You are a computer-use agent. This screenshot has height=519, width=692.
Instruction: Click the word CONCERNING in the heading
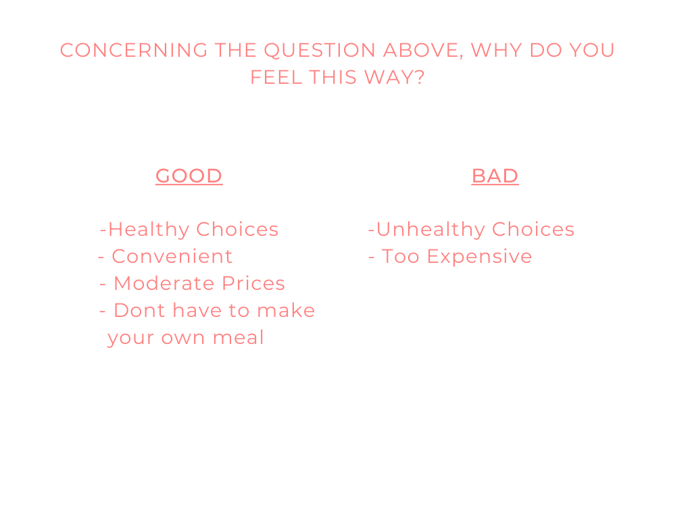click(x=134, y=50)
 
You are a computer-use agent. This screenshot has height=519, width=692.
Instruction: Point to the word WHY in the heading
click(x=497, y=50)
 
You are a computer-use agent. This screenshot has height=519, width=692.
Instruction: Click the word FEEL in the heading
click(x=276, y=77)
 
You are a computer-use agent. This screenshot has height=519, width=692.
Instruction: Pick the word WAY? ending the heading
click(x=394, y=77)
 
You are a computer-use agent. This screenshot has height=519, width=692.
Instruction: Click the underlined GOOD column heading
click(x=189, y=176)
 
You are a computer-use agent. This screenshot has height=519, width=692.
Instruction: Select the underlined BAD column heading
click(x=495, y=176)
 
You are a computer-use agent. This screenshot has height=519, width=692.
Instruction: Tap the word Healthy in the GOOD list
click(x=149, y=230)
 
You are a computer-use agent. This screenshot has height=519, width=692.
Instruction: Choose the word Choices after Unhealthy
click(x=533, y=230)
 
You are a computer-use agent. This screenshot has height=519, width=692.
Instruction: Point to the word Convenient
click(x=172, y=256)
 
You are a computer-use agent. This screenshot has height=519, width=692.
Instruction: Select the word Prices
click(x=253, y=283)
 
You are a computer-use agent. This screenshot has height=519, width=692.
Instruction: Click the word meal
click(x=239, y=338)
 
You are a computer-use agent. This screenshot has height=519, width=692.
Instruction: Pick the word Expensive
click(x=480, y=257)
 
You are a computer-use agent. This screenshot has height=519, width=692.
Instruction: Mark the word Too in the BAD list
click(x=400, y=256)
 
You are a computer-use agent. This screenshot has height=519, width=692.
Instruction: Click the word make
click(x=286, y=310)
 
